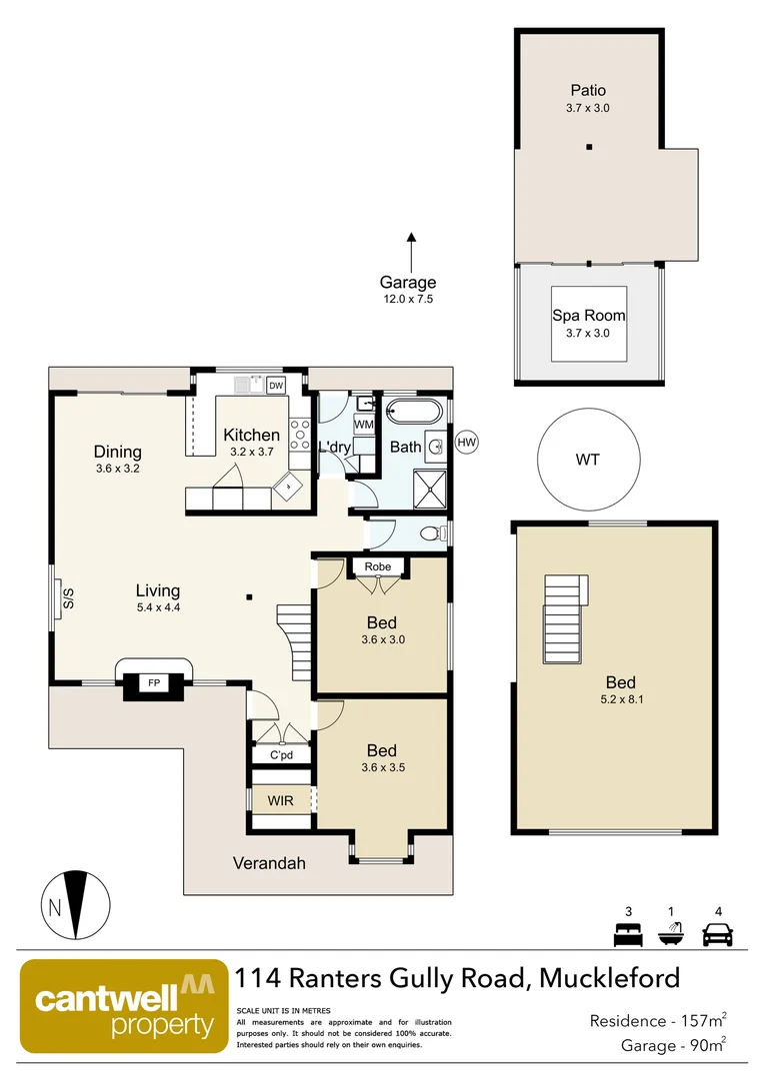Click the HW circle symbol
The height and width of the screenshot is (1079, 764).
(x=466, y=442)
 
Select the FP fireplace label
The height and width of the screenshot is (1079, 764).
(x=154, y=683)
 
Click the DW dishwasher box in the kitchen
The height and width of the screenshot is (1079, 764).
(x=276, y=386)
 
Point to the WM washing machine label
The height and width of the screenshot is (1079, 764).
(x=363, y=426)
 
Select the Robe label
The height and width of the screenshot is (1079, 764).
(x=377, y=566)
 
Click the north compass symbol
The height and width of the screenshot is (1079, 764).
(x=76, y=904)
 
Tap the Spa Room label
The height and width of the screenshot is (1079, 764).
(x=589, y=316)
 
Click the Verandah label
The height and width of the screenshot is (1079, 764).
(x=269, y=863)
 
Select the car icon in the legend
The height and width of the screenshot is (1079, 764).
(x=717, y=935)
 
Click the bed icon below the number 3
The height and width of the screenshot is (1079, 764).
(x=627, y=935)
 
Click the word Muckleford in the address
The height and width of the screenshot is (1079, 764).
(x=609, y=977)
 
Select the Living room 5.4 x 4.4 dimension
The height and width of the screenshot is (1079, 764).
(x=158, y=606)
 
